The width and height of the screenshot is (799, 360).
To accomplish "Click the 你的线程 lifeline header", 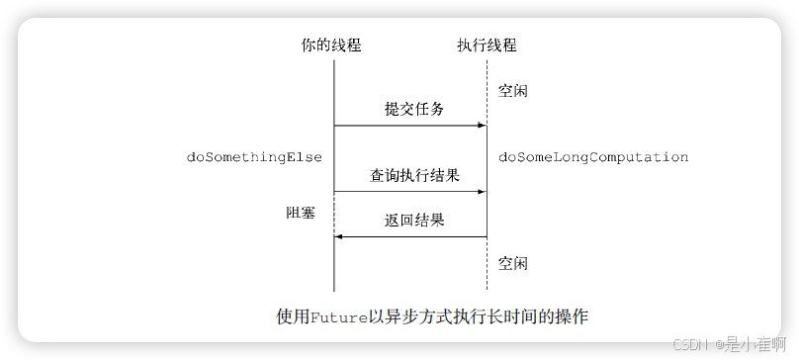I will [x=334, y=45].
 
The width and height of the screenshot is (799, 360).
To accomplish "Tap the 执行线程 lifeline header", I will [x=487, y=45].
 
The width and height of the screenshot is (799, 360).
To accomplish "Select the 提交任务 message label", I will [x=413, y=109].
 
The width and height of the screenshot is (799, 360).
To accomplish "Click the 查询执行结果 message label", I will [x=413, y=175].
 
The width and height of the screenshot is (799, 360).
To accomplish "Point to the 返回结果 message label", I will [x=413, y=220].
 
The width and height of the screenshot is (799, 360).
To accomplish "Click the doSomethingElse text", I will [x=254, y=157].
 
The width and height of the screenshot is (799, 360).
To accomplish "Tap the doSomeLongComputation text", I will [x=593, y=157].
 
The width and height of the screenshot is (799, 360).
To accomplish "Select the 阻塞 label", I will [x=301, y=211].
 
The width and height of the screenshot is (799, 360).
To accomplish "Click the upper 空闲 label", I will [x=513, y=90].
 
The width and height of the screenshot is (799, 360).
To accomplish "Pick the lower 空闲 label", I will [x=513, y=264].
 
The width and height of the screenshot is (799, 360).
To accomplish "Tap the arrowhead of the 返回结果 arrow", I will [x=339, y=236].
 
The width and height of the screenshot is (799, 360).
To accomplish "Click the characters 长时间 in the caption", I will [x=503, y=317].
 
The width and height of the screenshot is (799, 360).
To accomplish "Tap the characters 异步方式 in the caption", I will [x=405, y=317].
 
